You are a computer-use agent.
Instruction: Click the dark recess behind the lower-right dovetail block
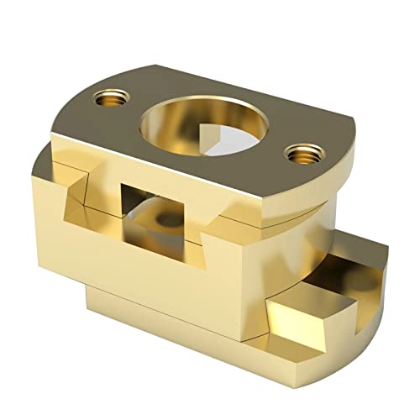coord(336,286)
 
